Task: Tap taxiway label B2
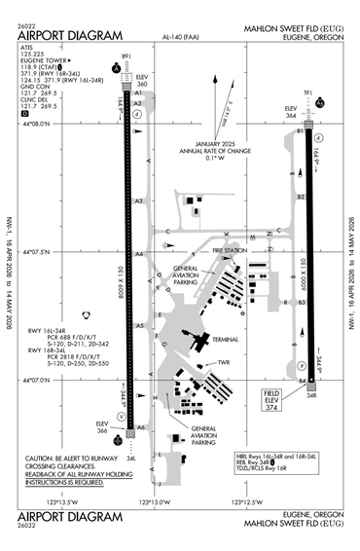302,198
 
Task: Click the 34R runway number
312,396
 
